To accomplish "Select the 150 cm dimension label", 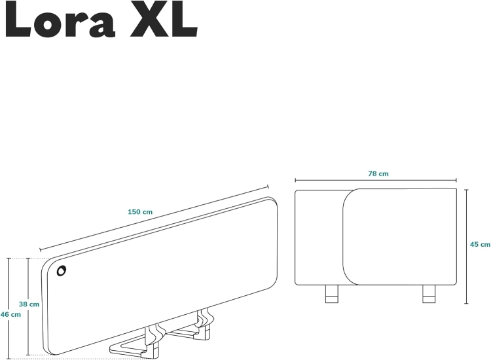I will click(x=140, y=211).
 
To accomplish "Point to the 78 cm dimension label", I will click(x=378, y=173).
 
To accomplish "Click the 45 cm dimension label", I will click(x=480, y=244).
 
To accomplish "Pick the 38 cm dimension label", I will click(x=29, y=304).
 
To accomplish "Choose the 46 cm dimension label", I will click(x=10, y=314).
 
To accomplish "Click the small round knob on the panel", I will click(x=61, y=270).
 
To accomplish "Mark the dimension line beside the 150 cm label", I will click(x=157, y=218).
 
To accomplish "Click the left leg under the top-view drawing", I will click(x=332, y=294).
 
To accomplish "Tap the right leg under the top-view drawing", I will click(x=429, y=294).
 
